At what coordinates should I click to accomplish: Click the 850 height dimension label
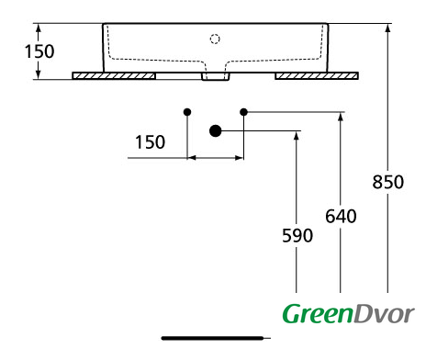(387, 182)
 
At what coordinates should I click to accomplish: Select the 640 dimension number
(341, 216)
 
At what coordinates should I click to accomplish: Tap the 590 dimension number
(297, 235)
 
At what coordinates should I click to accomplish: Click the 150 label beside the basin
(39, 51)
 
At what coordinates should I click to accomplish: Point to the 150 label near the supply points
(150, 142)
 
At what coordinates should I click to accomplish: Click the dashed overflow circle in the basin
(215, 39)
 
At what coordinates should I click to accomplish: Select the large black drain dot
(216, 130)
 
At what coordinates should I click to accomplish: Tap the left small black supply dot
(187, 112)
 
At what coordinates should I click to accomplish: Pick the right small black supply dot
(243, 112)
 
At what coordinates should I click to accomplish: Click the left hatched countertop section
(114, 76)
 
